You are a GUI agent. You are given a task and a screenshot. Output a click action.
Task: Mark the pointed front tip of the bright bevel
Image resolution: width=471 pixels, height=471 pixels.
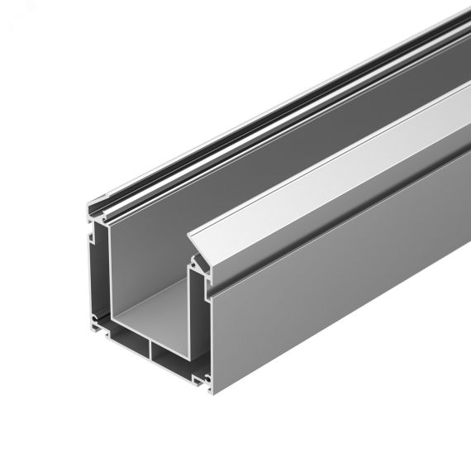(191, 234)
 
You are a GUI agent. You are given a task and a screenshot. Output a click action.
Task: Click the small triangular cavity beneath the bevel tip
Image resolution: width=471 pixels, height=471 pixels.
(198, 262)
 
